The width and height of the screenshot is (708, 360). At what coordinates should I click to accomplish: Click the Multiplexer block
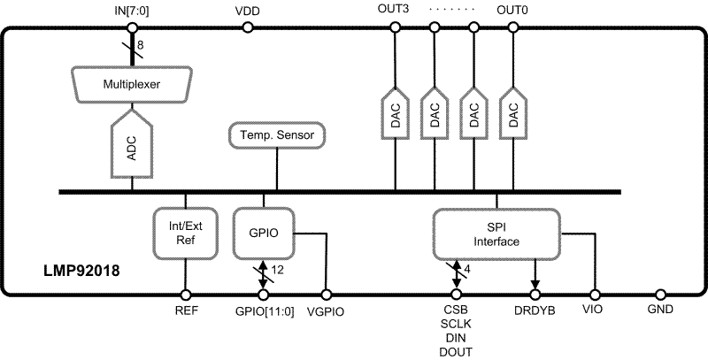pos(133,86)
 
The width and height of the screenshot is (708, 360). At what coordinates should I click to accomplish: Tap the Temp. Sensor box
pos(277,135)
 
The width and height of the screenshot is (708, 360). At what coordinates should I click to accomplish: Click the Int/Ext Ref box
pos(186,232)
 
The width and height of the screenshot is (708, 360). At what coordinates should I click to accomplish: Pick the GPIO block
pos(263,232)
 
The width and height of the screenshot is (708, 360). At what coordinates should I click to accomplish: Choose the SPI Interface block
pos(496,233)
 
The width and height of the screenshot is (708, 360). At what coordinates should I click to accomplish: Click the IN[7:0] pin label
pos(132,11)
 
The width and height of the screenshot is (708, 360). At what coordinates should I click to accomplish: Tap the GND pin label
pos(660,310)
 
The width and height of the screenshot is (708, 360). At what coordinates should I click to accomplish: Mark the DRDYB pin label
pos(535,311)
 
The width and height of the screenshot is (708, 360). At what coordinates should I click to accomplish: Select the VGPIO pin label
pos(327,311)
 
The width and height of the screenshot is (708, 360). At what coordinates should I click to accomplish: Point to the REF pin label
pos(185,311)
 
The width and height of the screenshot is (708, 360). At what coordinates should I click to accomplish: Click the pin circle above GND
pos(660,294)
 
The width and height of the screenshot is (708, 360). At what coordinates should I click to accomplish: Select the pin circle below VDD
pos(248,27)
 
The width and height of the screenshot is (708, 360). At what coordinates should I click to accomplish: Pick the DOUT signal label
pos(456,351)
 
